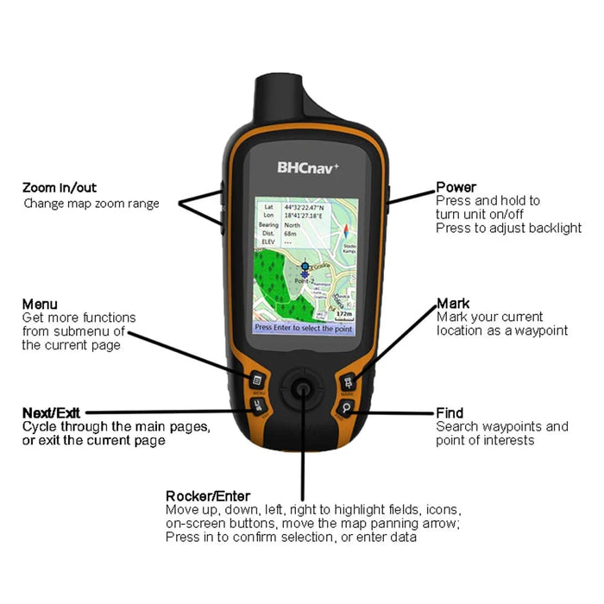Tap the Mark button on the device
click(349, 380)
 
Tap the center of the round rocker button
click(302, 389)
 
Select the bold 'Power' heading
click(456, 187)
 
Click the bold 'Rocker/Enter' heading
click(207, 496)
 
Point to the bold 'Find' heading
click(450, 413)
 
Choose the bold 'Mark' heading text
click(453, 304)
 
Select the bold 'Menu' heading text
click(40, 305)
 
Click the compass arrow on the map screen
click(347, 230)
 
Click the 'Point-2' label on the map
click(304, 282)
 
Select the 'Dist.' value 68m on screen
click(291, 233)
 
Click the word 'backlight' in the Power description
click(554, 228)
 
